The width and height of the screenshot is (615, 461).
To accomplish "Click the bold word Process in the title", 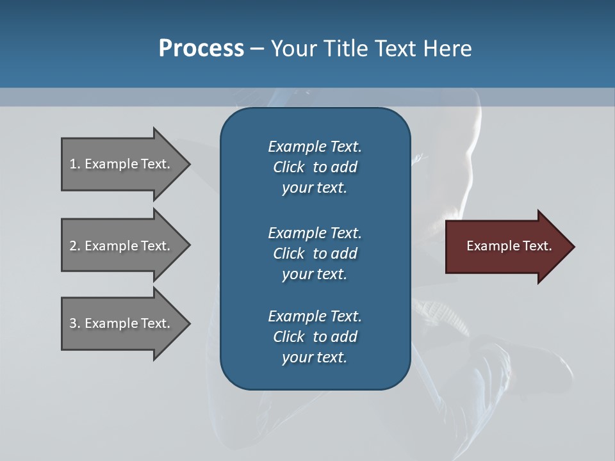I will [201, 49].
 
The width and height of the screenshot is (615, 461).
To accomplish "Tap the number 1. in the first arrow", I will [75, 164].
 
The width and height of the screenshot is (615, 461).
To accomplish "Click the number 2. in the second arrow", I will [75, 246].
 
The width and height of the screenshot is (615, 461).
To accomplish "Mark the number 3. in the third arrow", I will [75, 323].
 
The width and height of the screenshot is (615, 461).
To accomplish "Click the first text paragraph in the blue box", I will [315, 167].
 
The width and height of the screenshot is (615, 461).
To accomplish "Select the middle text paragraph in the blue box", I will [315, 254].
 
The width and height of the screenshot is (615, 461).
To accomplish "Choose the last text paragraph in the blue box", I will [315, 337].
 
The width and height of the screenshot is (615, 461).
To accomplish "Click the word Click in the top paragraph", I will [289, 167].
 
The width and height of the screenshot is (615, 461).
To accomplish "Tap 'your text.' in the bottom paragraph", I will [315, 357].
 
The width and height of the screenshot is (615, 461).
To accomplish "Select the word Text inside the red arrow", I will [537, 246].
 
